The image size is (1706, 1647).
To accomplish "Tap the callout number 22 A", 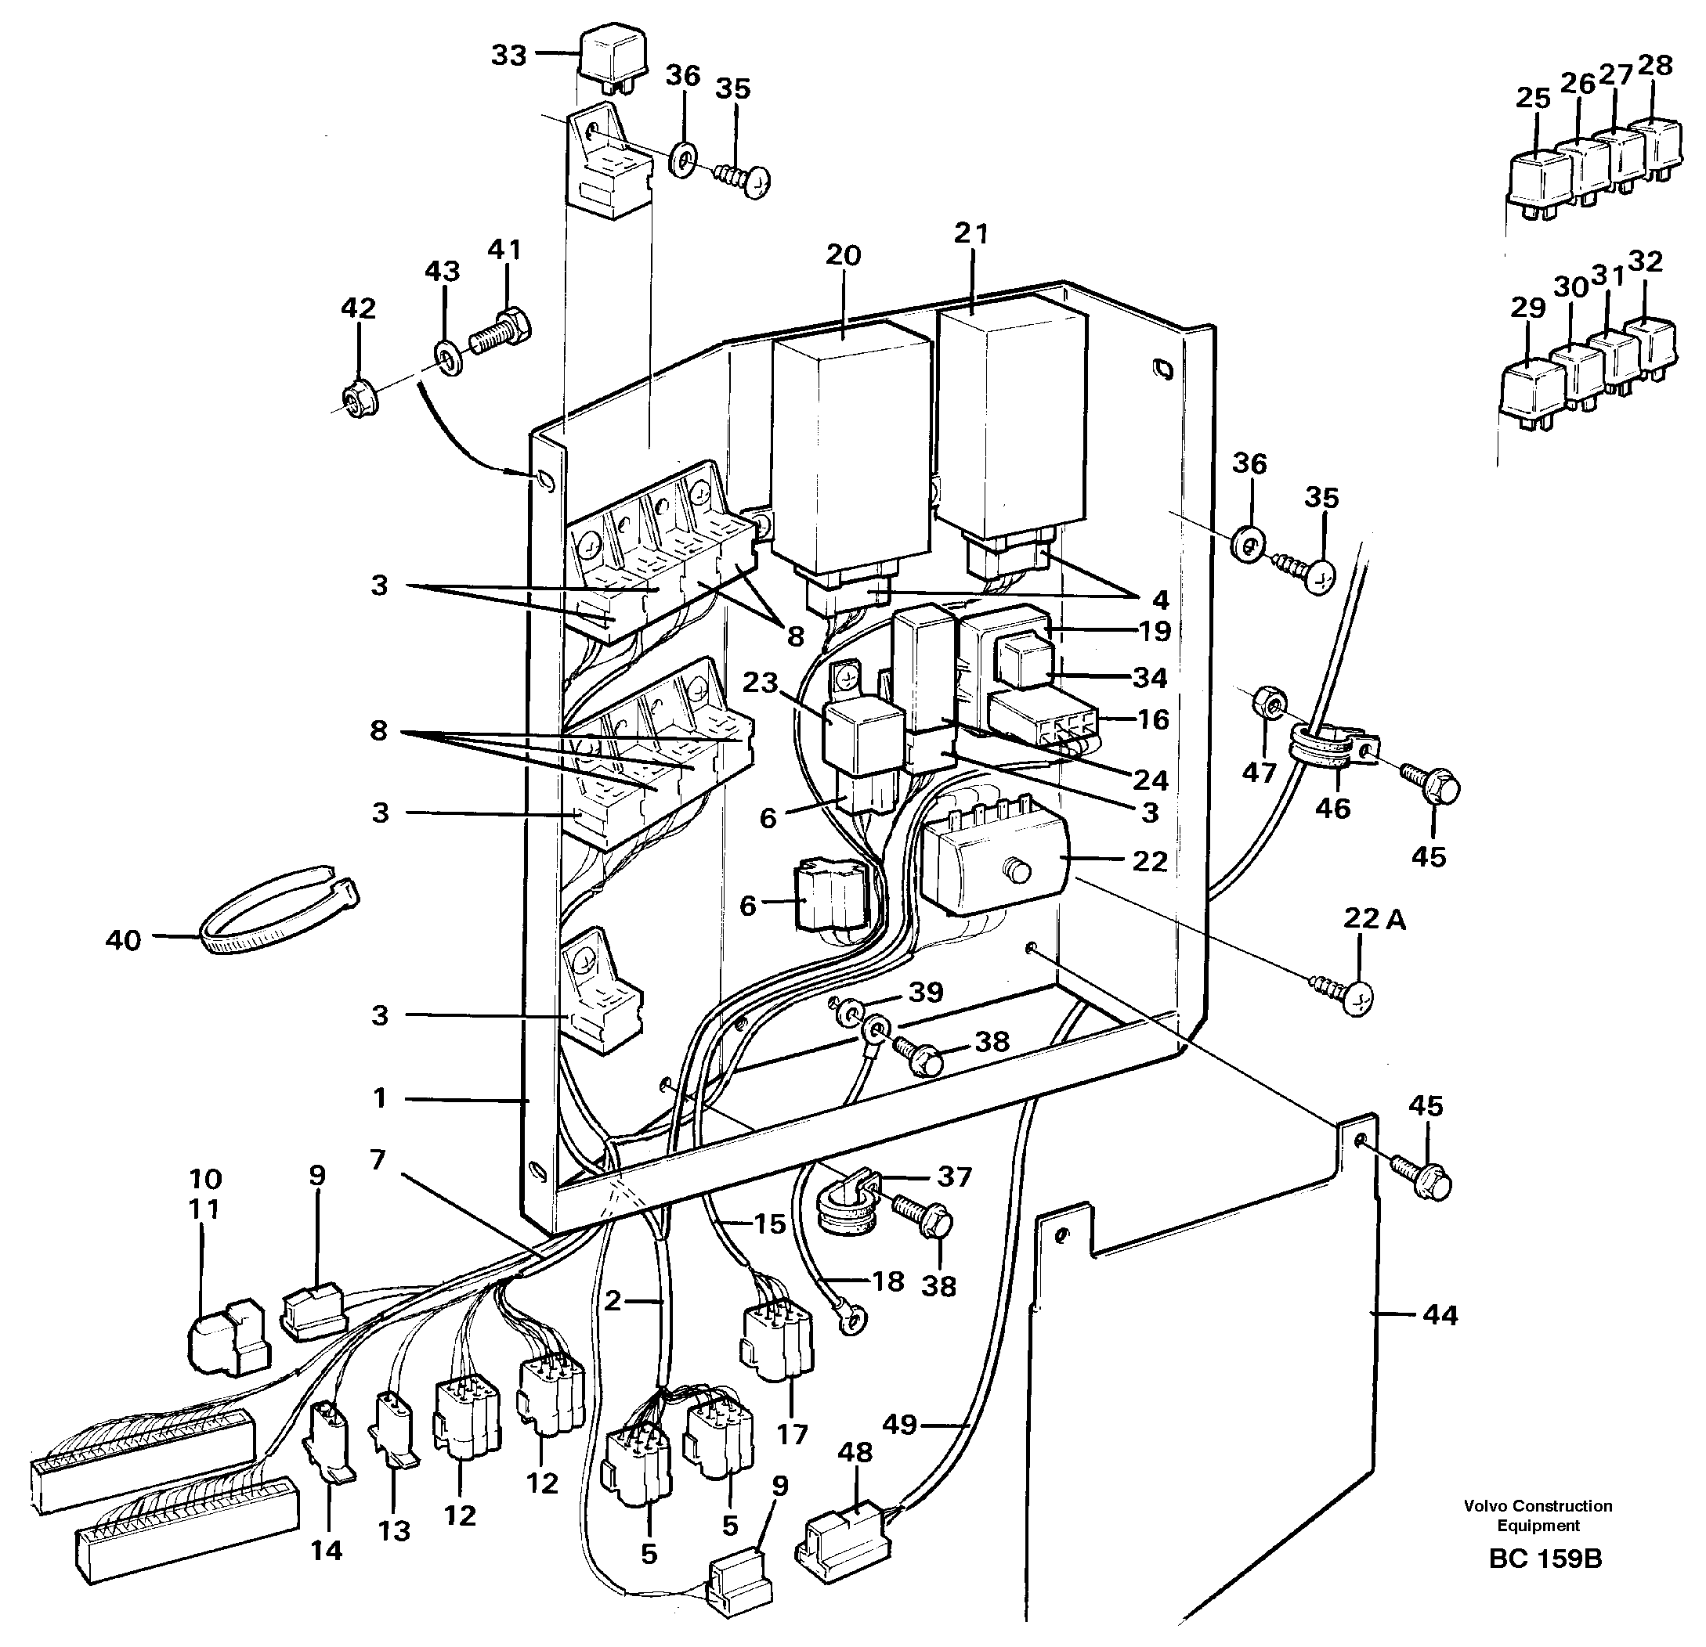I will (x=1374, y=919).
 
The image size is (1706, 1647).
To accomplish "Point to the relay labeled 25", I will (x=1542, y=186).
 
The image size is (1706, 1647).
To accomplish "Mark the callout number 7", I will (x=377, y=1160).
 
